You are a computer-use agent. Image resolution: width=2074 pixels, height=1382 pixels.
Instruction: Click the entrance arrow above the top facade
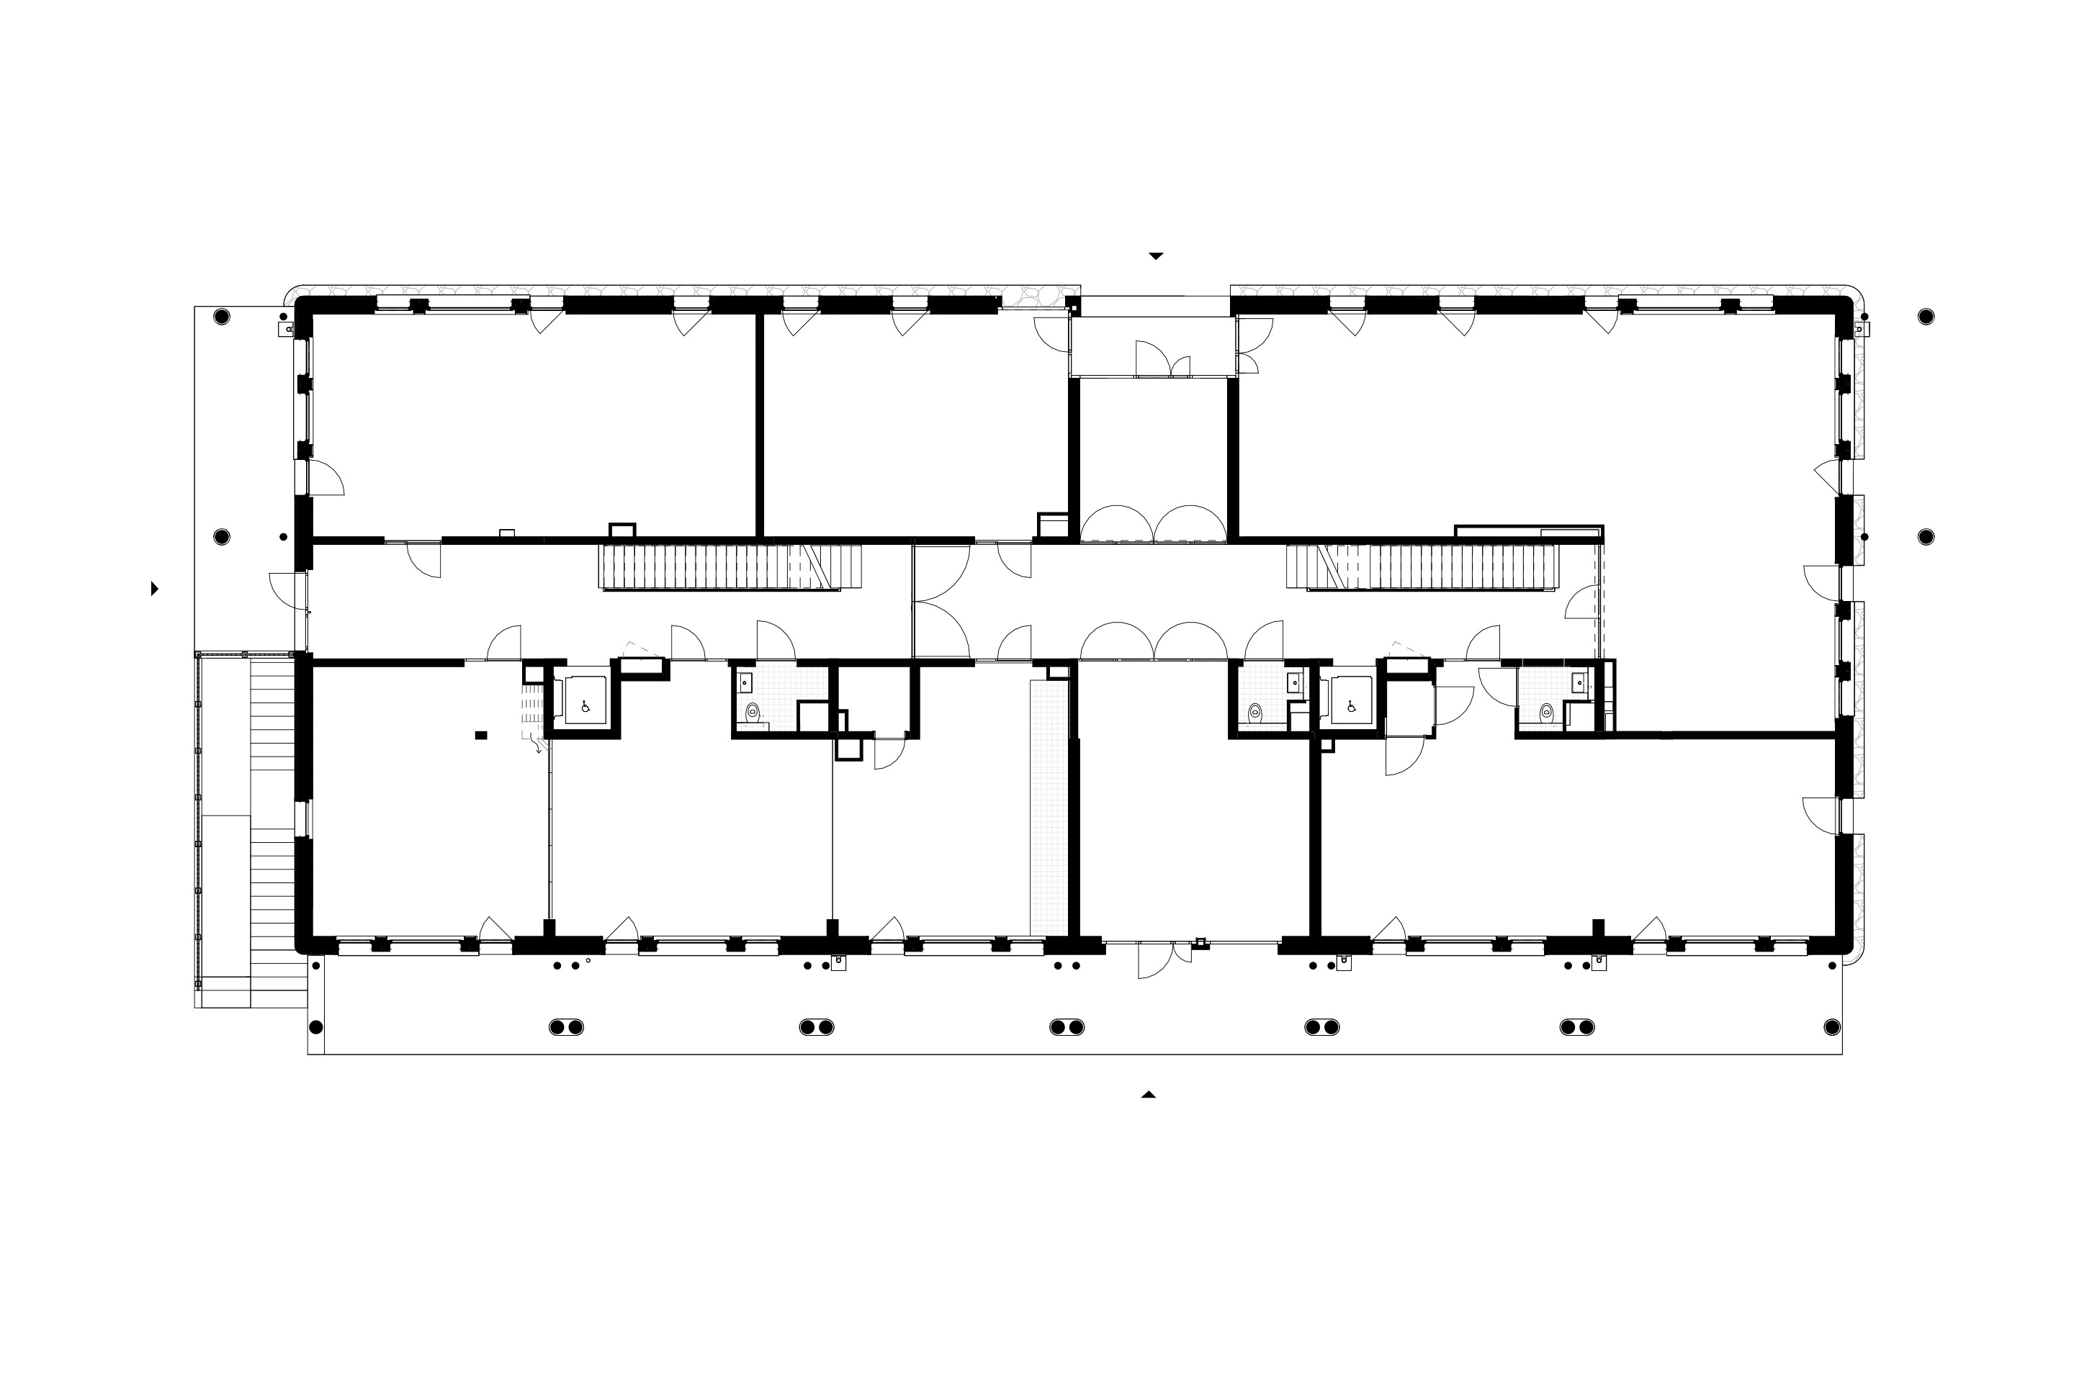[x=1155, y=256]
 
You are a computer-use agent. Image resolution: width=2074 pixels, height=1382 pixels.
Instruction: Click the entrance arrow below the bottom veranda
[x=1148, y=1095]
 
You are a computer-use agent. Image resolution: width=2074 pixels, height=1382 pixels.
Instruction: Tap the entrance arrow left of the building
[x=156, y=588]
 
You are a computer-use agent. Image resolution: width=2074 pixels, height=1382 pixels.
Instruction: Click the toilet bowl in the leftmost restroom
[x=752, y=712]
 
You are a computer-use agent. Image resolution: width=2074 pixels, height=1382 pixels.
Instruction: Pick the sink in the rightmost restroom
[x=1579, y=682]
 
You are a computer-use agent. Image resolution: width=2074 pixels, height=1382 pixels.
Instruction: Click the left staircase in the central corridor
[x=730, y=566]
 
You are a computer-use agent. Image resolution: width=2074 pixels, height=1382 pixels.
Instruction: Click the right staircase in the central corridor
[x=1422, y=566]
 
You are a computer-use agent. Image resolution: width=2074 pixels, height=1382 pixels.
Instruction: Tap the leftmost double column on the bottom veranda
[x=567, y=1027]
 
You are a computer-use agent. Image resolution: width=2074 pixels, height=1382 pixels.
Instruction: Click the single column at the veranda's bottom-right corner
[x=1831, y=1027]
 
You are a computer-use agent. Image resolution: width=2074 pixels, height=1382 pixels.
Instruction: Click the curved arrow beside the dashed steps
[x=537, y=749]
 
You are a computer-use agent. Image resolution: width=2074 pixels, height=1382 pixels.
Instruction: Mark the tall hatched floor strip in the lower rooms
[x=1048, y=806]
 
